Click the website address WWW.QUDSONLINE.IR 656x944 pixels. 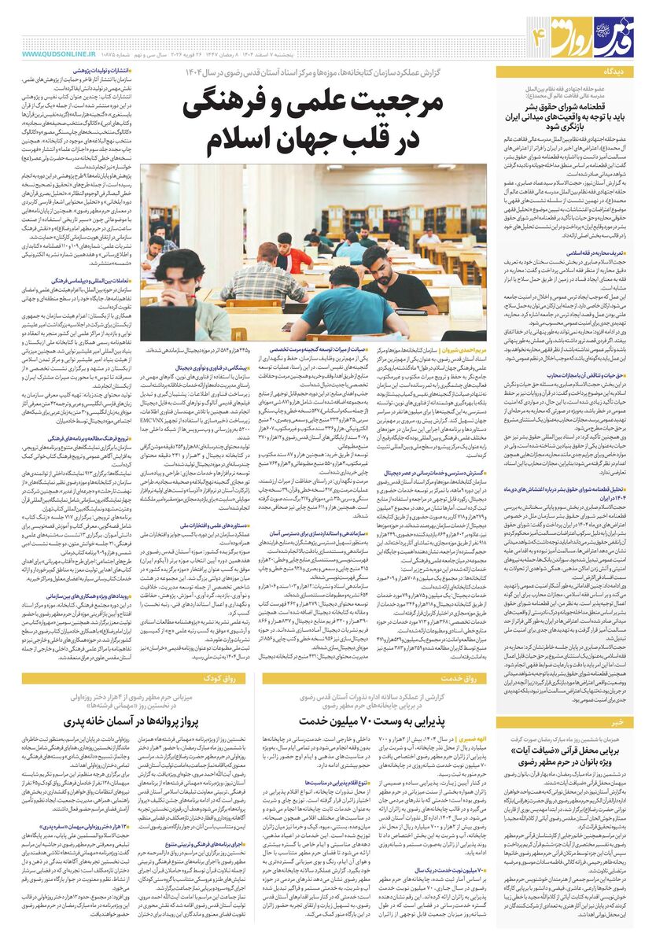tap(54, 54)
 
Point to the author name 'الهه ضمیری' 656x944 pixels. tap(472, 739)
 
